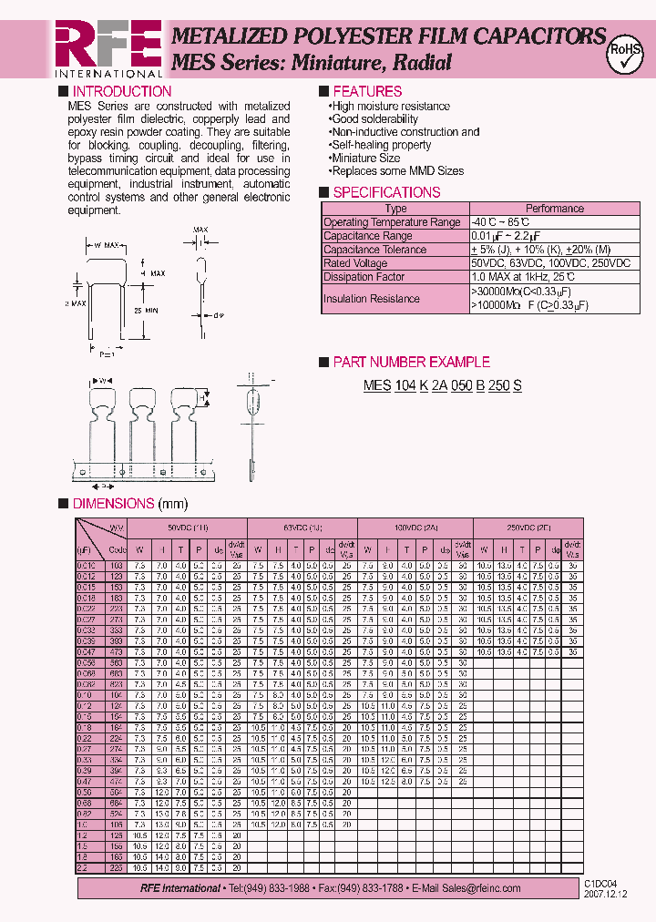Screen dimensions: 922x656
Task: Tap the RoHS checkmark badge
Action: coord(626,54)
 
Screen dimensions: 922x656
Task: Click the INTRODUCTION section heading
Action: coord(121,91)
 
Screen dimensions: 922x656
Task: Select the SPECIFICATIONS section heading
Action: coord(386,192)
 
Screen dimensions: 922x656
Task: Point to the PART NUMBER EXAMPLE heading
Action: coord(411,362)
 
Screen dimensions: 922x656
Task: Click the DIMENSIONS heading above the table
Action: coord(113,503)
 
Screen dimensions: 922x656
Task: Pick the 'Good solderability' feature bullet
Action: coord(374,119)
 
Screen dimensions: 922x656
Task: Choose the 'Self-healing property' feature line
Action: coord(381,145)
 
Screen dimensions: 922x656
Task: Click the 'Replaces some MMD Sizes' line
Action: coord(397,170)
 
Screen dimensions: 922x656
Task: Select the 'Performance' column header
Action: coord(554,209)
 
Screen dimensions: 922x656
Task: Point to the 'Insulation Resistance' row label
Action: coord(372,299)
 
